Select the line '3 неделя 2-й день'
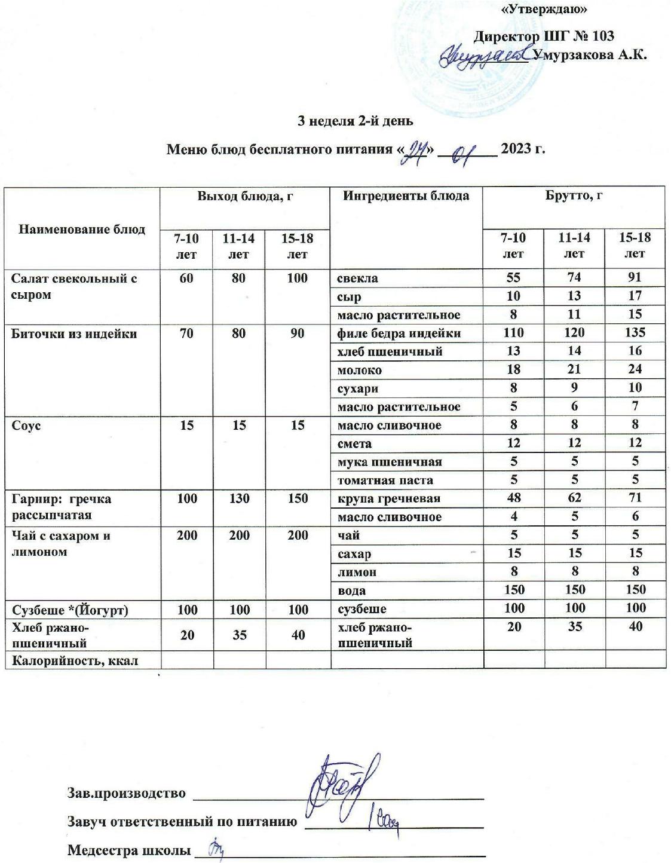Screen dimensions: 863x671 click(x=356, y=121)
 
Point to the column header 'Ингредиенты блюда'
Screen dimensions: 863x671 click(x=406, y=195)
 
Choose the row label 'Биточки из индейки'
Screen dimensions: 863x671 click(x=74, y=333)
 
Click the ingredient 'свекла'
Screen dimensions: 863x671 click(x=357, y=278)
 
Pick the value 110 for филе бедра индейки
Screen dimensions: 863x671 click(x=513, y=333)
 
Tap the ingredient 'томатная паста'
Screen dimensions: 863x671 click(x=385, y=480)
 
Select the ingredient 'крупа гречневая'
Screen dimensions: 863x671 click(x=389, y=498)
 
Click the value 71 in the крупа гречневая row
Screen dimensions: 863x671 click(x=635, y=498)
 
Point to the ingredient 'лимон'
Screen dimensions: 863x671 click(x=357, y=572)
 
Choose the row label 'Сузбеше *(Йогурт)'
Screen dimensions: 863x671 click(x=70, y=610)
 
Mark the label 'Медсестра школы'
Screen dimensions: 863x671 click(x=128, y=850)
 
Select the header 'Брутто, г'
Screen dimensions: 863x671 click(x=573, y=195)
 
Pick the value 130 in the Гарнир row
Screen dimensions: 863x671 click(x=239, y=498)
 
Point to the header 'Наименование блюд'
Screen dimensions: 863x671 click(x=82, y=229)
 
